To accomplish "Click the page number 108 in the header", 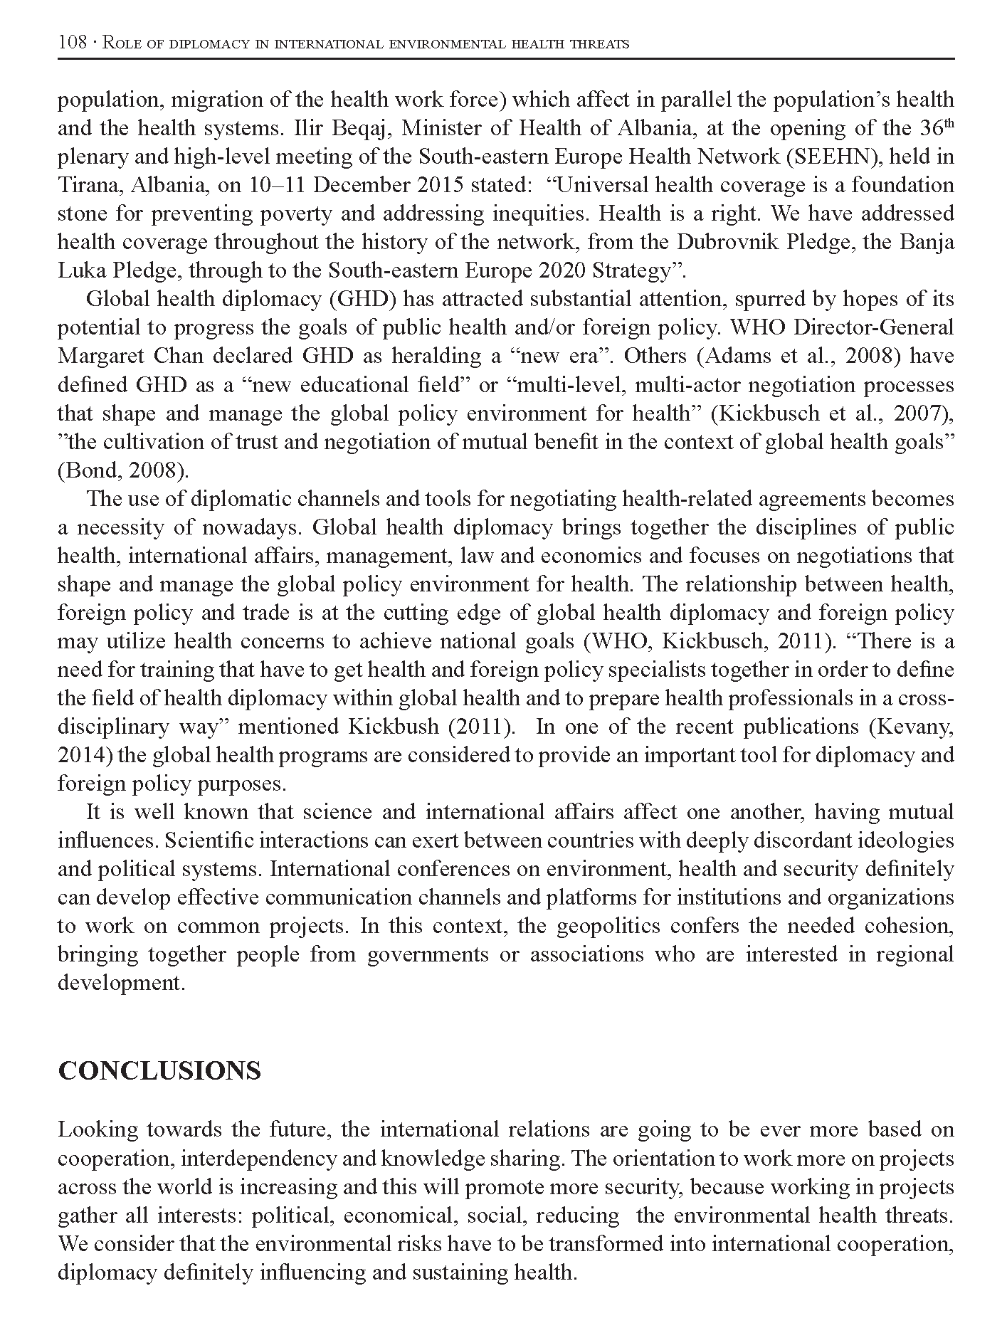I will click(x=71, y=43).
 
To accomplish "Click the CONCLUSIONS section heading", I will click(x=159, y=1070).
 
